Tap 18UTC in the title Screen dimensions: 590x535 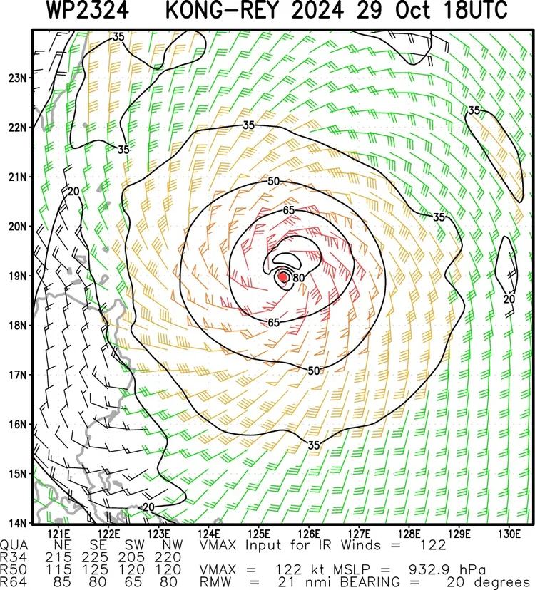(471, 12)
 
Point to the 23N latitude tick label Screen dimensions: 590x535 (17, 78)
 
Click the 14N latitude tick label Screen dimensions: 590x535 (17, 522)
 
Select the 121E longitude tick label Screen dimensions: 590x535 (60, 533)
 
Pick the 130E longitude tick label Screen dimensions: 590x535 (508, 533)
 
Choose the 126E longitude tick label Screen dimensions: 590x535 (309, 533)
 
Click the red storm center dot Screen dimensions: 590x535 (283, 276)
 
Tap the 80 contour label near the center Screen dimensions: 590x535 (299, 278)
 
